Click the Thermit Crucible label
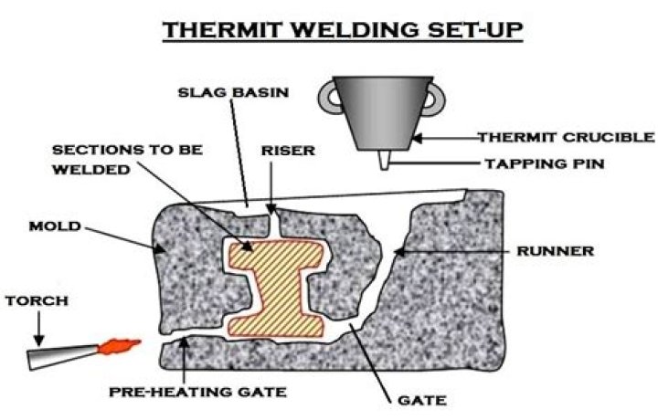tap(568, 138)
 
